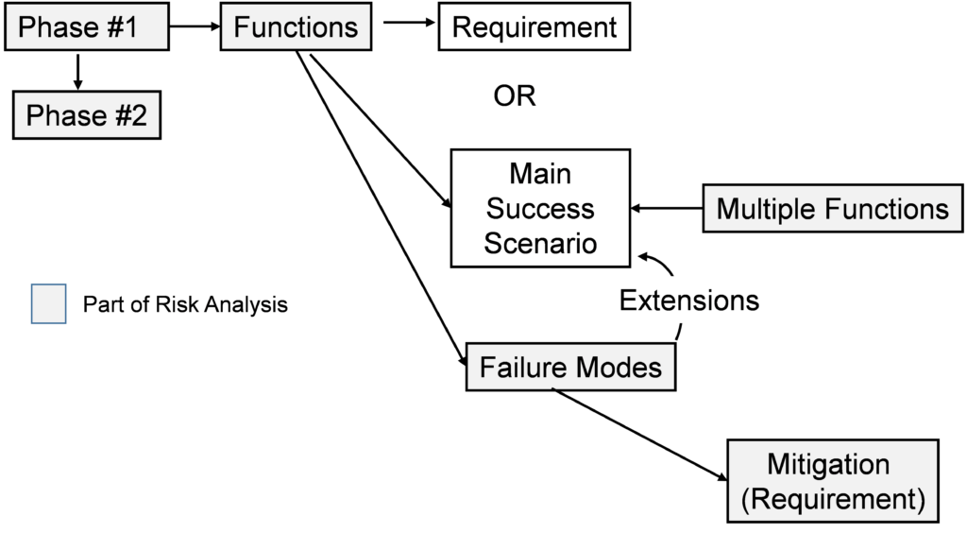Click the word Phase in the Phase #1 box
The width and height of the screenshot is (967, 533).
click(x=57, y=27)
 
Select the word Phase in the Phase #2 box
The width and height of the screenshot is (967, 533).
click(x=64, y=116)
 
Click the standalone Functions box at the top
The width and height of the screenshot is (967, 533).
click(x=296, y=27)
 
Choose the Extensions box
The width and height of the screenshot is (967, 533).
click(x=688, y=301)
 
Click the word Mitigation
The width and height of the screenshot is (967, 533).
click(x=828, y=465)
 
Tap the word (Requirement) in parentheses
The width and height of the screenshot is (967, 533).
click(x=832, y=498)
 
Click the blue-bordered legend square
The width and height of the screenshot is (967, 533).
click(x=49, y=304)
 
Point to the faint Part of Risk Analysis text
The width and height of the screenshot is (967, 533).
click(x=189, y=305)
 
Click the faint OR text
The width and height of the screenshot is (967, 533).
click(x=515, y=95)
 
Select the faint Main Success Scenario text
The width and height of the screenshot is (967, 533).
click(x=540, y=209)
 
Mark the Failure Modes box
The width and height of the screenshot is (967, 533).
click(x=570, y=367)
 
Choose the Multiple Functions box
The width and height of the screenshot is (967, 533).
click(x=832, y=209)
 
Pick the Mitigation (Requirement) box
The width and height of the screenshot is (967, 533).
click(x=832, y=481)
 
